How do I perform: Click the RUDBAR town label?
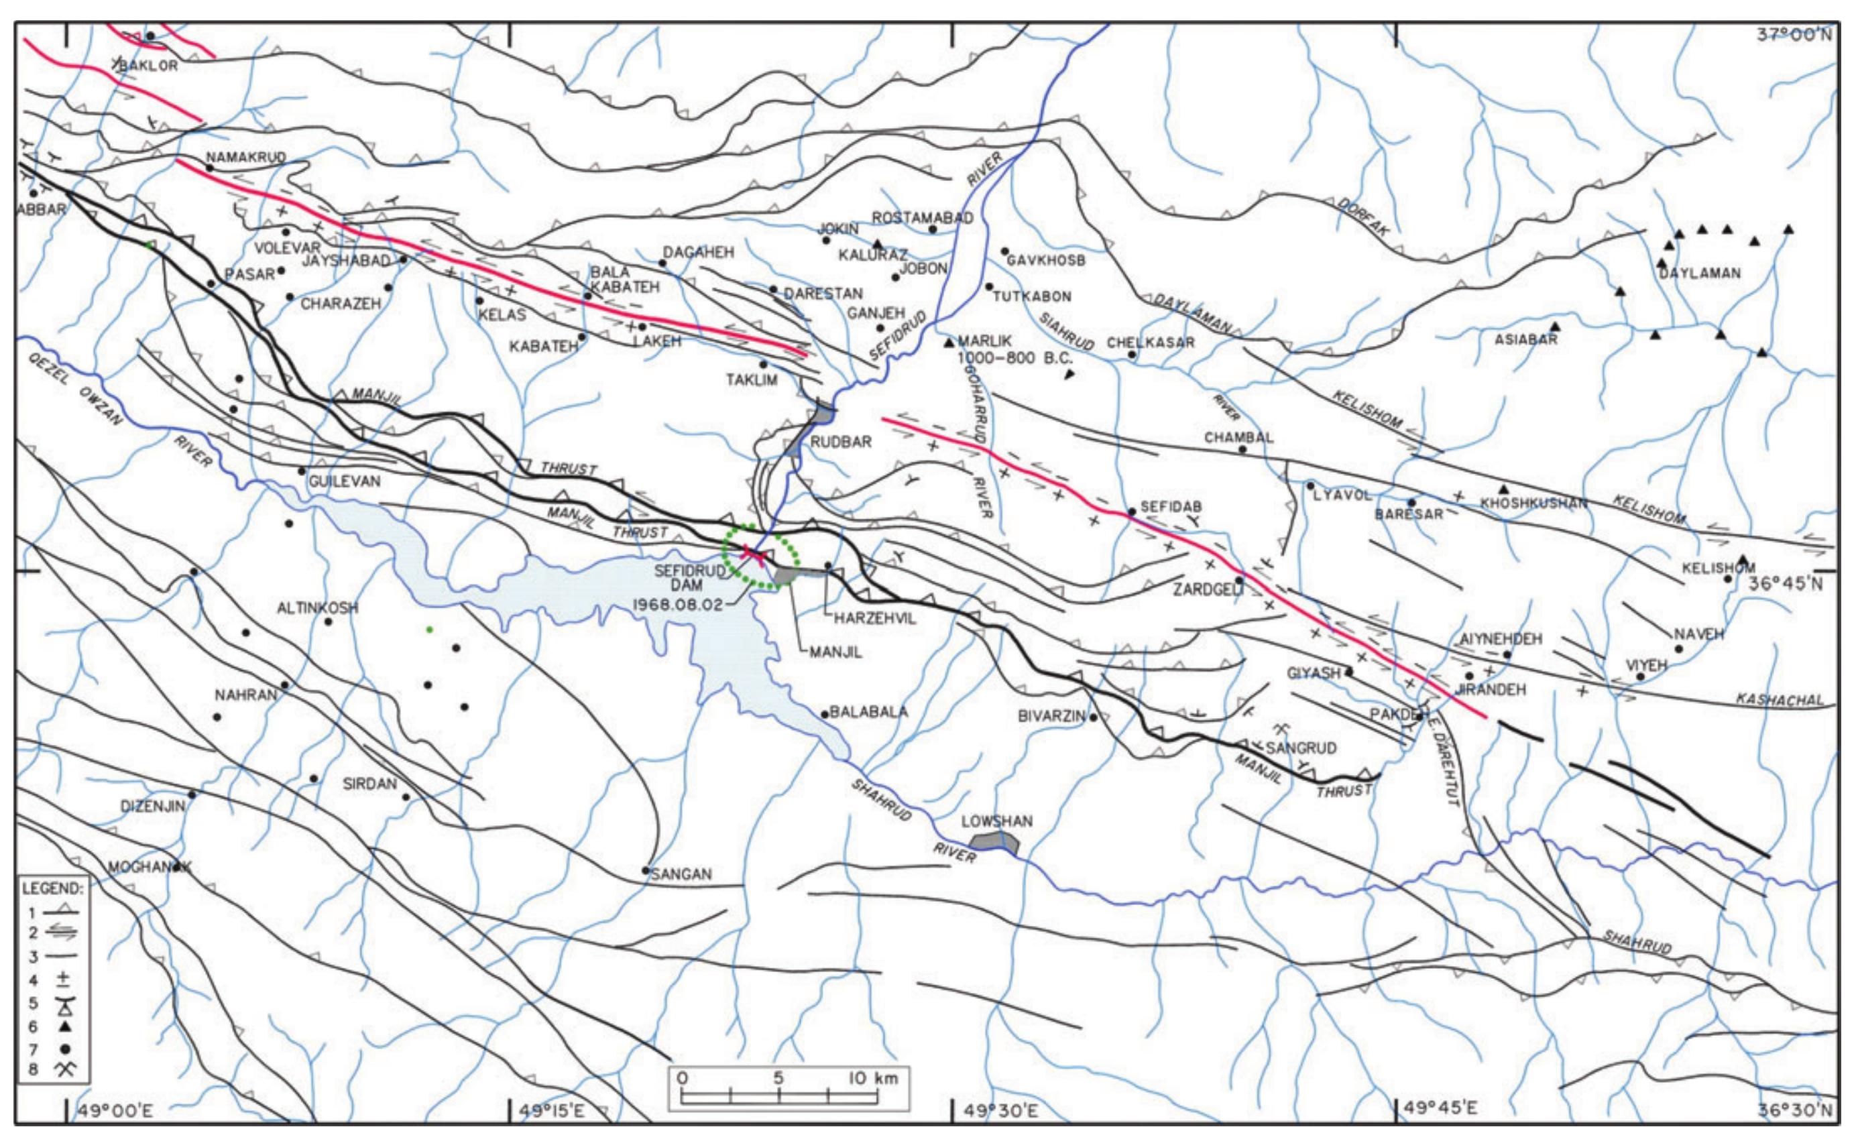coord(841,442)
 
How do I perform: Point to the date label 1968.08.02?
coord(677,604)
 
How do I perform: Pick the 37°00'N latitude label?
coord(1796,35)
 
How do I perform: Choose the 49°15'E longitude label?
coord(553,1110)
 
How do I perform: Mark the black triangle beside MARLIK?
coord(949,343)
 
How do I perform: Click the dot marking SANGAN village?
coord(646,870)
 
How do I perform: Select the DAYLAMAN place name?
coord(1700,273)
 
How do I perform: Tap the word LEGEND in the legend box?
coord(51,888)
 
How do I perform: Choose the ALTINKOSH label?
coord(316,608)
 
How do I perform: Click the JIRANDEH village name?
coord(1491,689)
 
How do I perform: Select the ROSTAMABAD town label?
coord(922,217)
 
